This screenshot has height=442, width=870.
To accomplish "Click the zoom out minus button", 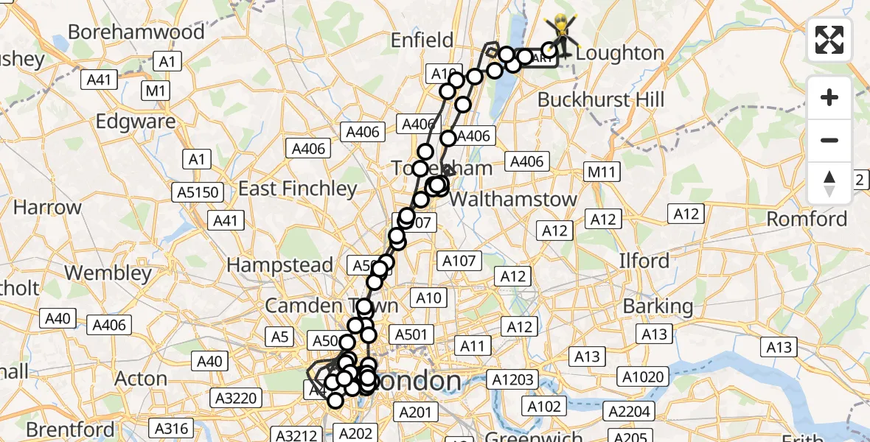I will tap(829, 140).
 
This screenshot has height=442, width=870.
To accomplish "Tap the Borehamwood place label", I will tap(136, 32).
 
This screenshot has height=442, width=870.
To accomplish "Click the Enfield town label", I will tap(422, 40).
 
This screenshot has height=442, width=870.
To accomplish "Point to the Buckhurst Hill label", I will tap(601, 99).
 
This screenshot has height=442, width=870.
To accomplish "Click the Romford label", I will tap(807, 219).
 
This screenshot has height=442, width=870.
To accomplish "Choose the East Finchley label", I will tap(297, 189).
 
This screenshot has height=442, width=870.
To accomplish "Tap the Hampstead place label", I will tap(279, 264).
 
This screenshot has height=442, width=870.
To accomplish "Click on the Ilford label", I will tap(644, 261).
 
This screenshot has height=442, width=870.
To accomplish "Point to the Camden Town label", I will tap(331, 305).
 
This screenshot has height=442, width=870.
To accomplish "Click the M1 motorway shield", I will tap(156, 91).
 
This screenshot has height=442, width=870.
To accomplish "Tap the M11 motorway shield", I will tap(602, 172).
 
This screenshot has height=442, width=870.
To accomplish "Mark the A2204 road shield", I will tap(629, 410).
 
